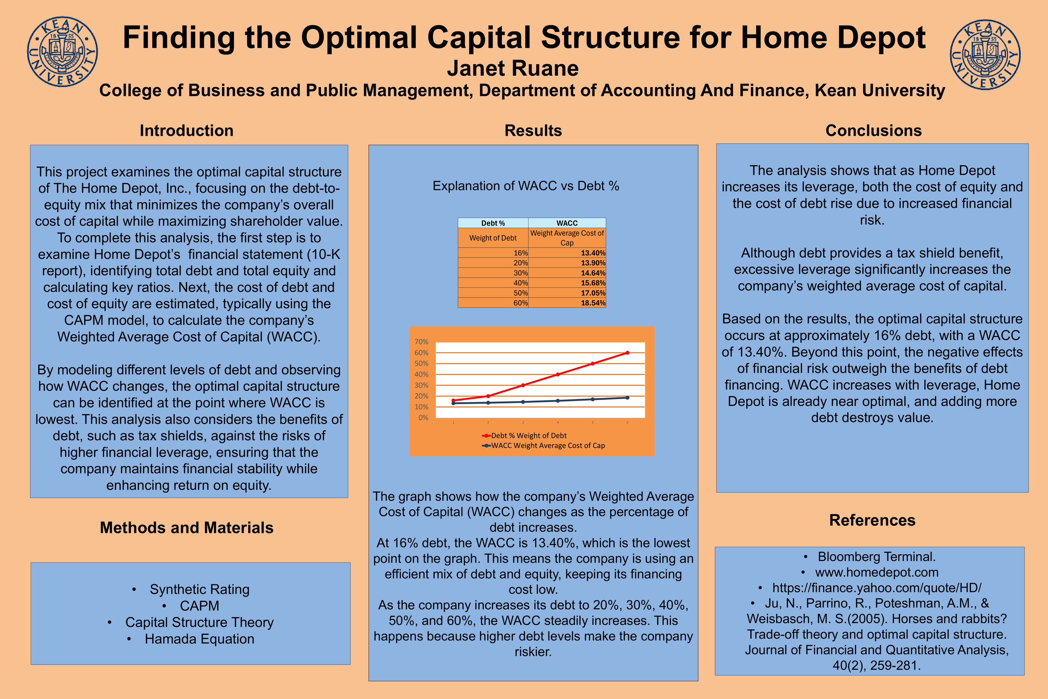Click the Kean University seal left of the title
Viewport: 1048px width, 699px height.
pos(62,52)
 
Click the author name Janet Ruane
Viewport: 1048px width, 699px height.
pos(513,69)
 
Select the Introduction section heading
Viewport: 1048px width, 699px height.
pos(186,130)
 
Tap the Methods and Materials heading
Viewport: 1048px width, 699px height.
pos(186,528)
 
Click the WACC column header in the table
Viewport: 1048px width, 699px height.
pos(567,223)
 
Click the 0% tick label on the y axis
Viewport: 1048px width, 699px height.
pos(423,418)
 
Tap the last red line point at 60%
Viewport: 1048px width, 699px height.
pos(628,353)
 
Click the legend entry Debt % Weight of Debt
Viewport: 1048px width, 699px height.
pos(528,436)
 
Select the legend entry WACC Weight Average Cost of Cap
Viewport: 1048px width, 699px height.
pos(547,445)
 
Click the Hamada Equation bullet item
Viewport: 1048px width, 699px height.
pos(199,639)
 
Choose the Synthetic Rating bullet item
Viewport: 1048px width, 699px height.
pos(199,589)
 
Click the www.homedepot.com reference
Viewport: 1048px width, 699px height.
pos(877,572)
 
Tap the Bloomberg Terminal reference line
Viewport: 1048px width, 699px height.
pos(876,557)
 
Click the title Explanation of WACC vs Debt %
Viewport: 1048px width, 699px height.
pos(526,186)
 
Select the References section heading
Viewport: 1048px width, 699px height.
pos(872,520)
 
